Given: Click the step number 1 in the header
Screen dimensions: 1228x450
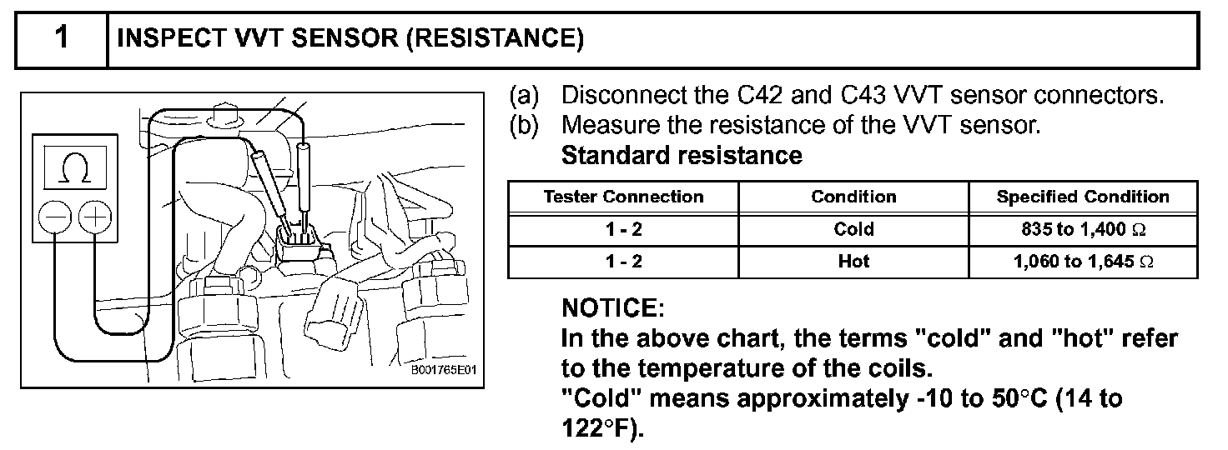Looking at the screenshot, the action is point(62,39).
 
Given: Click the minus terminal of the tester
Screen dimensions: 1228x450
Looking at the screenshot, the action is point(55,217).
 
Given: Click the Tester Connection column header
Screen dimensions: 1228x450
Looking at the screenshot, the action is point(623,197).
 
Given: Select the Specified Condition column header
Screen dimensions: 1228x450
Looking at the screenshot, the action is point(1083,197).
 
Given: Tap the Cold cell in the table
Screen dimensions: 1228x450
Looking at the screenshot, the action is point(853,229).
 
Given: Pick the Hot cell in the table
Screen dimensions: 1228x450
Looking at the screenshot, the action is point(853,262).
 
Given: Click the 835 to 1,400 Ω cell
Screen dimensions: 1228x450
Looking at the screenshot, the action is point(1083,229).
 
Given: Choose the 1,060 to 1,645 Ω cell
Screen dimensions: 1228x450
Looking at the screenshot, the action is point(1083,262).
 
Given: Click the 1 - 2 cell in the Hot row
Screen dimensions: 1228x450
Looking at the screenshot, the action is point(623,262).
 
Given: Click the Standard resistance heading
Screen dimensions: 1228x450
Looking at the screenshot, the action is point(682,156).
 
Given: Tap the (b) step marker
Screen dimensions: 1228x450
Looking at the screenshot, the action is point(526,126).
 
